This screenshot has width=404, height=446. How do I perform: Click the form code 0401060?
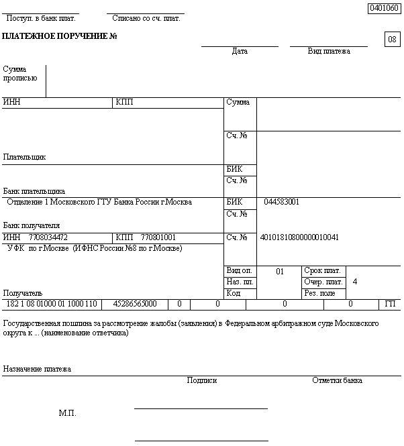384,8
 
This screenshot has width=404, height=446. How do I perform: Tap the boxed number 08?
392,40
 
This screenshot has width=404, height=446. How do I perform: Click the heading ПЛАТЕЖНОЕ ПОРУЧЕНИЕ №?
60,35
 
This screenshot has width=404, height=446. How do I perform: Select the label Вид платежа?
329,51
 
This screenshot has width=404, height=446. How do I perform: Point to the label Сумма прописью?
20,73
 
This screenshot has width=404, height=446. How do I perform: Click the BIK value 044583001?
282,202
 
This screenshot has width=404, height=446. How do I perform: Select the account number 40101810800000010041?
299,237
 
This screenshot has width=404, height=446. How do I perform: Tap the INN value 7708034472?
48,237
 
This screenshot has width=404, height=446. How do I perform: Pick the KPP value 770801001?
158,237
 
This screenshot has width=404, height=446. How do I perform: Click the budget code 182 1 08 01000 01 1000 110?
51,304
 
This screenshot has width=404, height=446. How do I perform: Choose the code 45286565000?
135,304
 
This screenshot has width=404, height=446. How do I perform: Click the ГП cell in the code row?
391,304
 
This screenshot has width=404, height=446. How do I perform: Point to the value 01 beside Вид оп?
280,272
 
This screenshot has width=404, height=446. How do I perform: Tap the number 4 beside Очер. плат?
354,282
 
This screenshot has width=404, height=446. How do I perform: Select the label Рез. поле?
319,293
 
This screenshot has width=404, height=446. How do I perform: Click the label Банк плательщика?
34,191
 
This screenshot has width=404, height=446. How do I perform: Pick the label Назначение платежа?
37,369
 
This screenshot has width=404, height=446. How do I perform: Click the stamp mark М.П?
68,413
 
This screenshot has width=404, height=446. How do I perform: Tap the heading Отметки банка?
337,380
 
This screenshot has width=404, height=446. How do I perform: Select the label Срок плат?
322,270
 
